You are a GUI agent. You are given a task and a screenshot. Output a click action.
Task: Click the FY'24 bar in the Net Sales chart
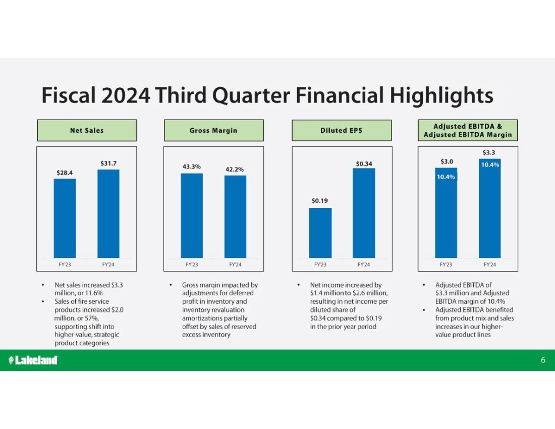click(x=108, y=214)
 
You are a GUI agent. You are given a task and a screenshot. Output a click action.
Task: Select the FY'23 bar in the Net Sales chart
click(x=65, y=219)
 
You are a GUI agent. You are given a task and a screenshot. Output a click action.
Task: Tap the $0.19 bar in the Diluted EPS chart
click(x=320, y=233)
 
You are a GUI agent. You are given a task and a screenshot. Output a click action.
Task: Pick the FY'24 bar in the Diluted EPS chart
click(x=364, y=213)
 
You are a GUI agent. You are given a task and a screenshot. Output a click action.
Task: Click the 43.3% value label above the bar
click(x=192, y=167)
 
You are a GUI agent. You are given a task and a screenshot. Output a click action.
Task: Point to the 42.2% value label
click(x=235, y=170)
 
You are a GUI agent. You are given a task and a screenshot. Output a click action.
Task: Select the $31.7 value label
click(x=108, y=164)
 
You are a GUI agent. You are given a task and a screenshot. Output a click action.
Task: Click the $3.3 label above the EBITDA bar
click(x=489, y=152)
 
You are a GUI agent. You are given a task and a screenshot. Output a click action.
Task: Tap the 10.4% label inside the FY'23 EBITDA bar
click(x=446, y=177)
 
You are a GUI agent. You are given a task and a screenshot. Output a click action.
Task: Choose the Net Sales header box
click(x=87, y=130)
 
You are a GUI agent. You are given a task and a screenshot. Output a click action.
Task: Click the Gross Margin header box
click(x=214, y=130)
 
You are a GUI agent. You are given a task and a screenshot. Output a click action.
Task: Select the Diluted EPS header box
click(x=342, y=130)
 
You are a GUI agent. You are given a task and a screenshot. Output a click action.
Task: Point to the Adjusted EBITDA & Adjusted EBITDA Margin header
click(x=468, y=130)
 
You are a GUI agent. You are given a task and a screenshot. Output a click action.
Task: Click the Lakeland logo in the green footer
click(x=33, y=360)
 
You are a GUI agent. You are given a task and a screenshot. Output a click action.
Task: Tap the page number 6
click(x=543, y=360)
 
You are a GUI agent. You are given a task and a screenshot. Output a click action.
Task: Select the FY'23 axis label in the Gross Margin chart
click(x=192, y=264)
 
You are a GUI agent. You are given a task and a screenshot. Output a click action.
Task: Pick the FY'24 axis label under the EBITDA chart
click(x=490, y=264)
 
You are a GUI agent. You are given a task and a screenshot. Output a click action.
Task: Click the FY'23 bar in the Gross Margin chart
click(x=192, y=216)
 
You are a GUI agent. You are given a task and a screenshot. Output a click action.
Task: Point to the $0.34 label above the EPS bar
click(x=364, y=164)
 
